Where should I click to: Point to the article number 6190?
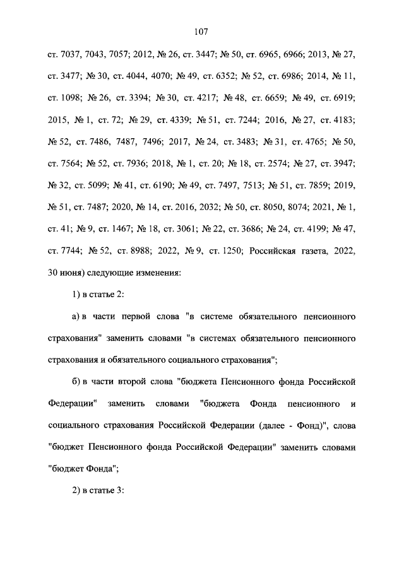(x=153, y=184)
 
